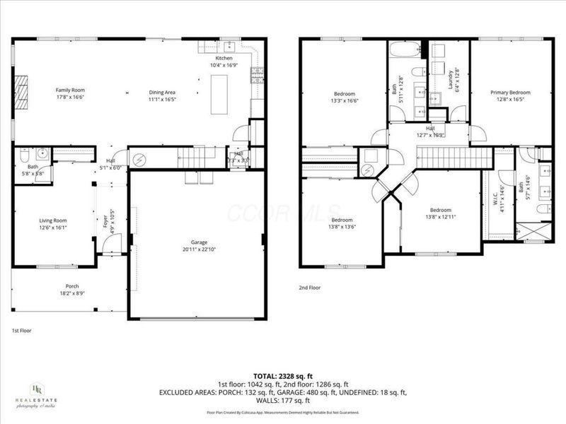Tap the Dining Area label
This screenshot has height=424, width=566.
(x=162, y=93)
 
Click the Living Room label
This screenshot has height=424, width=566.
(x=52, y=220)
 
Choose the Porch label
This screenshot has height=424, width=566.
(x=62, y=287)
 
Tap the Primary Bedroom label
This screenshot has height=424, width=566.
(x=510, y=93)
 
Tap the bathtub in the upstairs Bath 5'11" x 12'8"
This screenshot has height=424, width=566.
(x=406, y=51)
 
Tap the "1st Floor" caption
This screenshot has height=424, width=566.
(x=21, y=330)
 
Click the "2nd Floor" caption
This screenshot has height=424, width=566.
(x=310, y=288)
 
